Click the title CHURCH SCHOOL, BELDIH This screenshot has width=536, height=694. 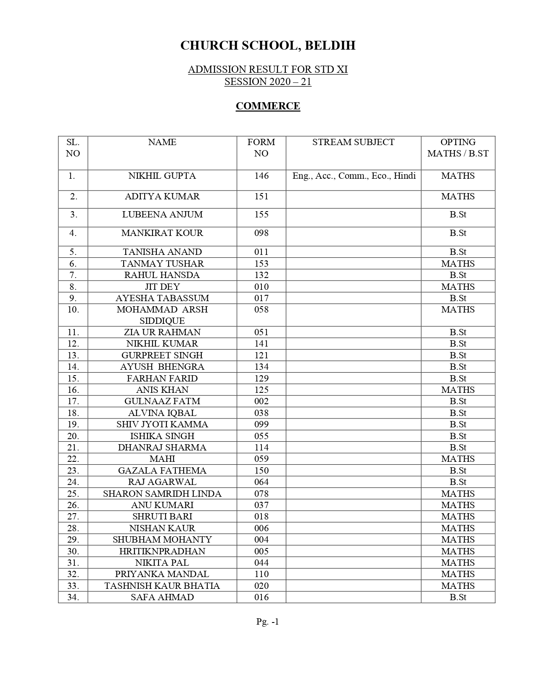(268, 45)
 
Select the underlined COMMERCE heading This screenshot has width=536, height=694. (268, 106)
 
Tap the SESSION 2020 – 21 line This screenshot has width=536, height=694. (268, 82)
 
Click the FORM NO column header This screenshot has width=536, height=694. (261, 148)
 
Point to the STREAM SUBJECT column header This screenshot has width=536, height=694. (353, 142)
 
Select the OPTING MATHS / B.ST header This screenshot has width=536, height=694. (458, 148)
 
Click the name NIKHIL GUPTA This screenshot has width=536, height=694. (162, 176)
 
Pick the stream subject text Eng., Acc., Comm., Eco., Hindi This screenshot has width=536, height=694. (354, 176)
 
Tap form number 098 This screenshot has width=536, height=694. (261, 233)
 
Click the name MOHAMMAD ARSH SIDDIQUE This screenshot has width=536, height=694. (162, 315)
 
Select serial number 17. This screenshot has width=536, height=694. (73, 401)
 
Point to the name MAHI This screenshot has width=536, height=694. (162, 459)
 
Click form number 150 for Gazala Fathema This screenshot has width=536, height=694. (261, 471)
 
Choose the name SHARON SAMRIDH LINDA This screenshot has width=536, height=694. (162, 494)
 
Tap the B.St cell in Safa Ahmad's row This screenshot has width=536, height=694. (458, 597)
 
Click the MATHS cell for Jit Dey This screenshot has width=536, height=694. (458, 287)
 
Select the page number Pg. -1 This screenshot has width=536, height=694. (268, 622)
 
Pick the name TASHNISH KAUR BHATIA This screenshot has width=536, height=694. (162, 586)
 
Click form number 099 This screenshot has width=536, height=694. (261, 424)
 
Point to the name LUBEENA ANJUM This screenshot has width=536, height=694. (162, 215)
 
